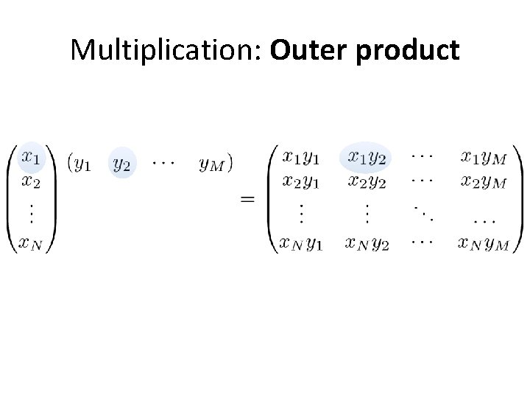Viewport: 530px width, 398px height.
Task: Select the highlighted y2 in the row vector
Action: pos(122,164)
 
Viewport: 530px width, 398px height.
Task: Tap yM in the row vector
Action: pos(211,164)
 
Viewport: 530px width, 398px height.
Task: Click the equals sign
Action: pos(248,199)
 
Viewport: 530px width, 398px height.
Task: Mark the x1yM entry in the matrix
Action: pos(484,157)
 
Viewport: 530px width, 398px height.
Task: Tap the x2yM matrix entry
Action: pos(484,181)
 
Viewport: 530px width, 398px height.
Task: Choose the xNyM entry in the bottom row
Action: pos(483,242)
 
